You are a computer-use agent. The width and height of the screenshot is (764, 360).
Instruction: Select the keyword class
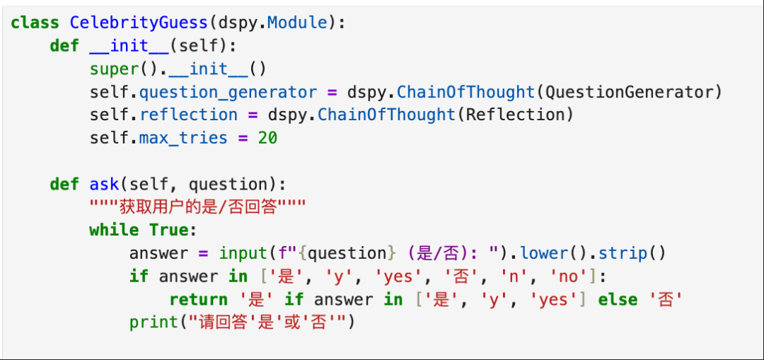tap(35, 23)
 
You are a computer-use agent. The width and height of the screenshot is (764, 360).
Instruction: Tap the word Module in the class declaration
tap(297, 23)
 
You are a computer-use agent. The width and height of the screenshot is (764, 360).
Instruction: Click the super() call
tap(114, 69)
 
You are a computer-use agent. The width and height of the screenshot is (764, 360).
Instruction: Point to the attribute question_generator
tap(228, 92)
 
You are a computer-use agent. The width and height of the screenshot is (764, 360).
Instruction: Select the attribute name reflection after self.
tap(188, 115)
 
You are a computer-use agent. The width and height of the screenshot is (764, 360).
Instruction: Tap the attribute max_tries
tap(183, 138)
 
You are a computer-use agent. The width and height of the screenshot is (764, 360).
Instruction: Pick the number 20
tap(267, 138)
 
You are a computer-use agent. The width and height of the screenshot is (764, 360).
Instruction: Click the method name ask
tap(104, 185)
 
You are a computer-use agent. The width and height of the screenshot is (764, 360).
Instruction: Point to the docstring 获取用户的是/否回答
tap(197, 207)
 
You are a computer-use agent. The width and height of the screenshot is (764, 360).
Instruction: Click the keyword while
tap(114, 230)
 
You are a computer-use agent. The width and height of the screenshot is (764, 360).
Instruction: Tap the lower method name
tap(544, 253)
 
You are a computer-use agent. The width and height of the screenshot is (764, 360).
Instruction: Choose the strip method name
tap(623, 253)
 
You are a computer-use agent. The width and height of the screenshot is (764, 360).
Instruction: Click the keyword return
tap(198, 299)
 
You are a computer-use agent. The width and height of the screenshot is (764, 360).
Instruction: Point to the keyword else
tap(618, 299)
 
